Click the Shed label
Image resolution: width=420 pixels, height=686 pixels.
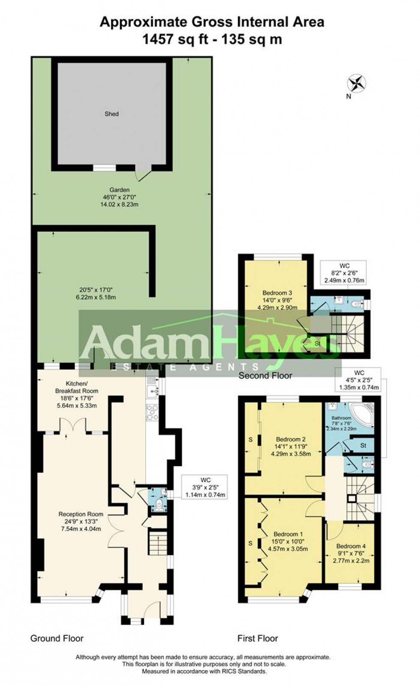111,114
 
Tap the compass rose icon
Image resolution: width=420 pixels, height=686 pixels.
357,83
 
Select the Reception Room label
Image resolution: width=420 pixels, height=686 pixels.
81,514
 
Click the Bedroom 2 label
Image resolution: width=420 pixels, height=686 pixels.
291,439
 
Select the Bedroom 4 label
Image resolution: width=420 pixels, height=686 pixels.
351,546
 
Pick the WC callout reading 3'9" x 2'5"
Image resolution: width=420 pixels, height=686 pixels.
205,487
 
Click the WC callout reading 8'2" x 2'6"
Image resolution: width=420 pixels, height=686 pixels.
345,273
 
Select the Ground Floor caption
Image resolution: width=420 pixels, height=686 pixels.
57,638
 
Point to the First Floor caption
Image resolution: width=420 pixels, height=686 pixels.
257,639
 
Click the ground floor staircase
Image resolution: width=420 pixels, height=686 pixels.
158,543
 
